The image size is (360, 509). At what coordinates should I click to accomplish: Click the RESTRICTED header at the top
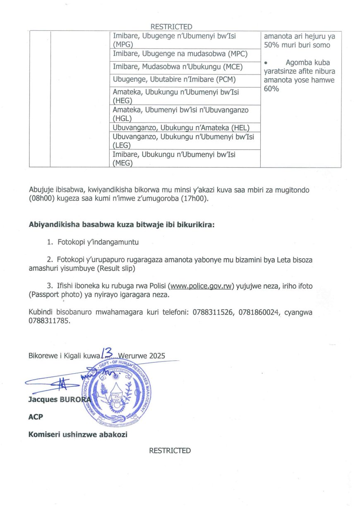(x=171, y=27)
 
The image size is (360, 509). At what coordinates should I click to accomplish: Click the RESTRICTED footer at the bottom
(x=170, y=451)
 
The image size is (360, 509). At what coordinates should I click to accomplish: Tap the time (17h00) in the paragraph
(x=195, y=199)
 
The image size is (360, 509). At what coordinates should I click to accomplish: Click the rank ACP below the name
(x=35, y=417)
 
